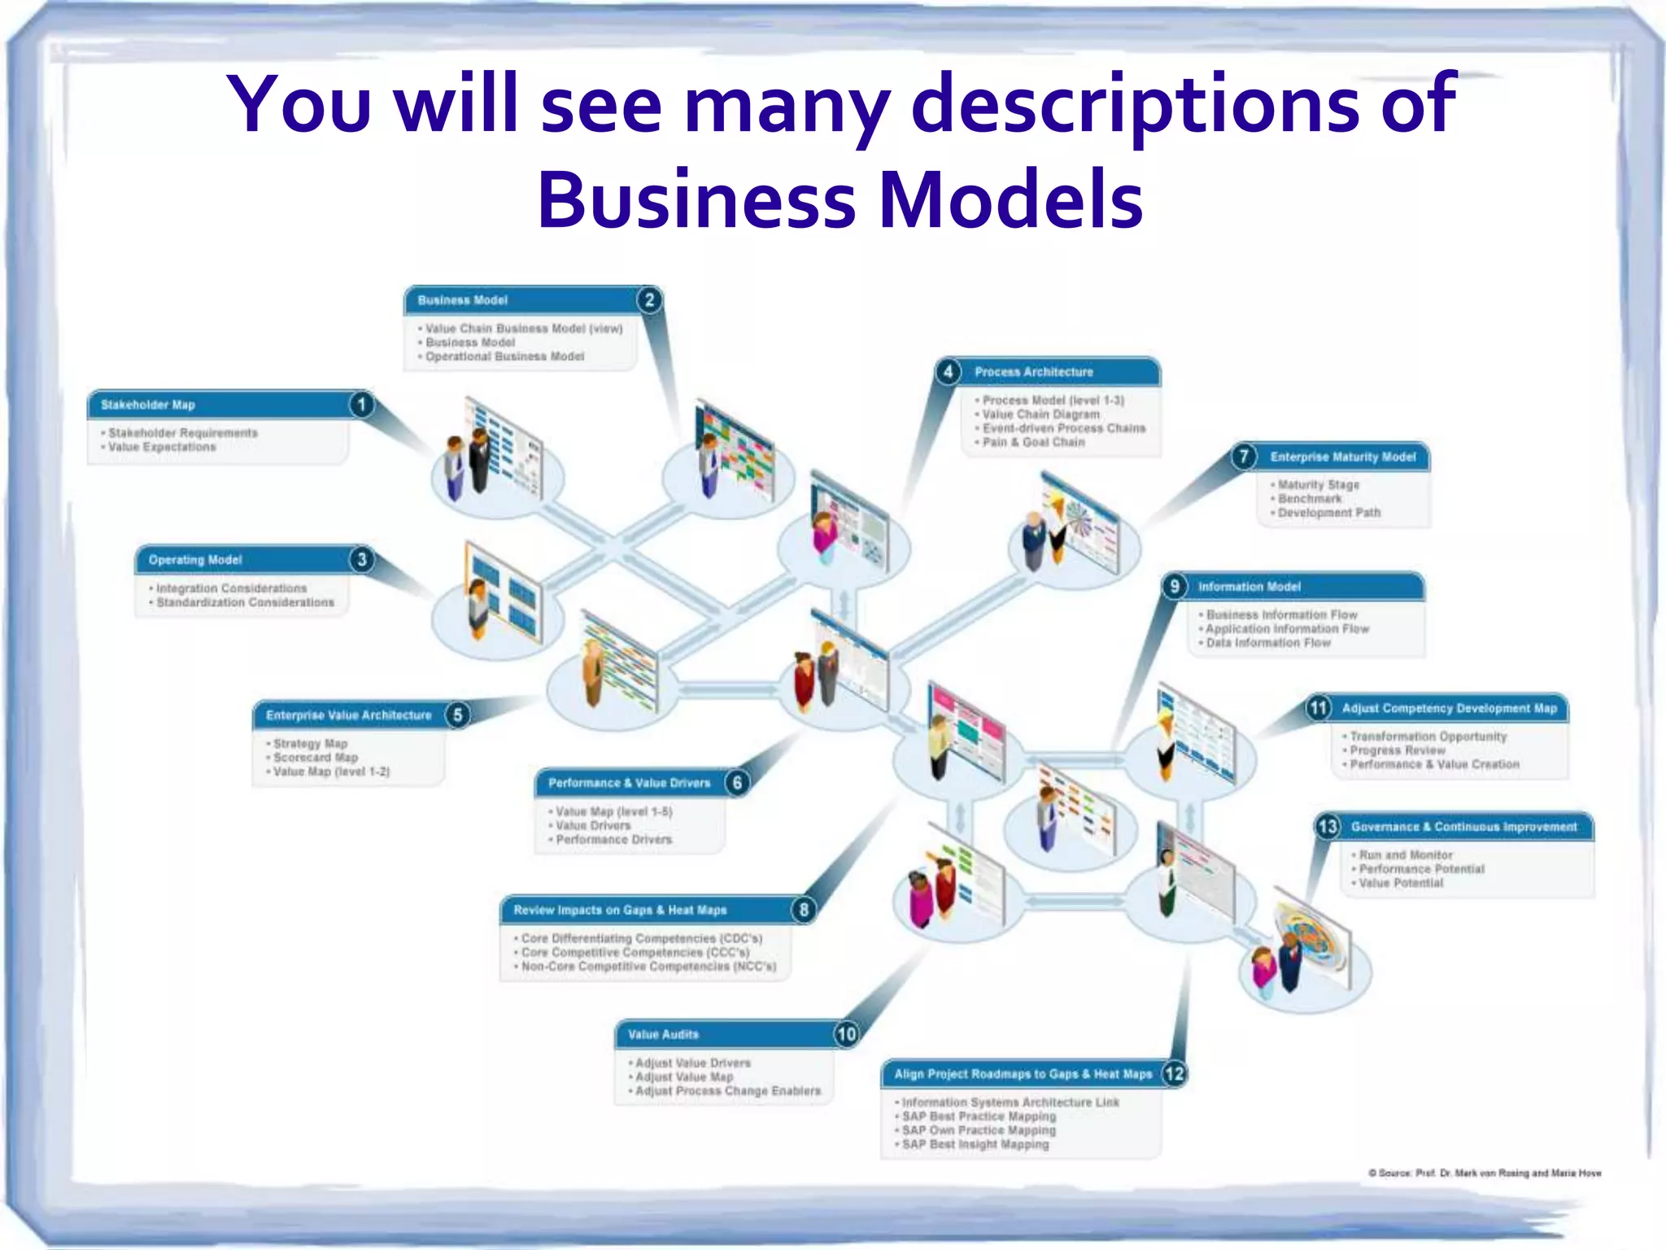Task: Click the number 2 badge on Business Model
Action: click(649, 300)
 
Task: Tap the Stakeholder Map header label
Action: click(148, 404)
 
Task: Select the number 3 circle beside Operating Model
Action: click(362, 559)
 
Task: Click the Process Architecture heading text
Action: click(1034, 372)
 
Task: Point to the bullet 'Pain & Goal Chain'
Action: click(1033, 442)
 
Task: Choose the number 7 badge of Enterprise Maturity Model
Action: click(1243, 456)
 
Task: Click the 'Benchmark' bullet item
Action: click(1310, 498)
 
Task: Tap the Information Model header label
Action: click(1249, 587)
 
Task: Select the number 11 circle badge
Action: click(1319, 707)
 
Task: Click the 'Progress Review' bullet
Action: click(1398, 750)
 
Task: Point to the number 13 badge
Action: click(1328, 827)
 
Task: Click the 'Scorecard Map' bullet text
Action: click(316, 758)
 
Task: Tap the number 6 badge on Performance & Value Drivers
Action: click(737, 783)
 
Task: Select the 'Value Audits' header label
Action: click(663, 1034)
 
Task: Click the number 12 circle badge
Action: click(1174, 1073)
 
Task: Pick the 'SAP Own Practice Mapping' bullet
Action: click(979, 1130)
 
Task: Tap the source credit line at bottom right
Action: click(1485, 1173)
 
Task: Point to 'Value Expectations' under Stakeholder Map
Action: click(163, 447)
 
